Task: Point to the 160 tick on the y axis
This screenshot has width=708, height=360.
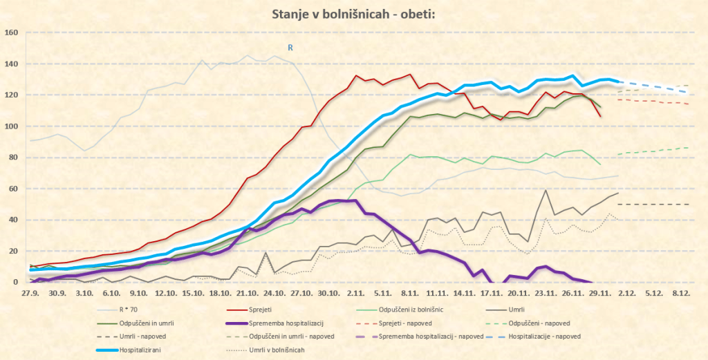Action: [x=11, y=32]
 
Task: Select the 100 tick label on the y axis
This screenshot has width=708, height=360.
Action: [x=11, y=126]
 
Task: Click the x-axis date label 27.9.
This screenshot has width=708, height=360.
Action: [x=30, y=293]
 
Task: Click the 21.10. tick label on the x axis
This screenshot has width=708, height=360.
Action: [x=247, y=293]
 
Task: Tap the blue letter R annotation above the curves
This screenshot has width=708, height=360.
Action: [x=291, y=48]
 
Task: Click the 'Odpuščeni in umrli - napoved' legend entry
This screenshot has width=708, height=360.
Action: [x=292, y=337]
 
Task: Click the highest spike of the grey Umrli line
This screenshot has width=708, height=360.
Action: [x=546, y=190]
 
